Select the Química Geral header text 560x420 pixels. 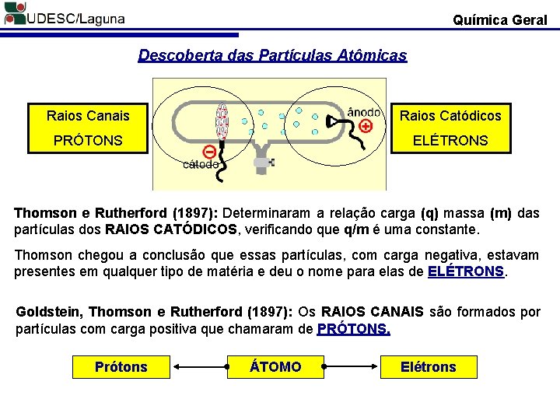[499, 20]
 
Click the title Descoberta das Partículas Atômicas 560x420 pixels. [272, 56]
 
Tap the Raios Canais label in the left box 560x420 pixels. [88, 116]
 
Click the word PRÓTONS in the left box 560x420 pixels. [88, 141]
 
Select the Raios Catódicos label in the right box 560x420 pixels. [450, 116]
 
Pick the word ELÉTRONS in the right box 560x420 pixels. [450, 141]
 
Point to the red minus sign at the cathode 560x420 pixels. [209, 151]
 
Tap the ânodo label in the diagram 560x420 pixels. [364, 111]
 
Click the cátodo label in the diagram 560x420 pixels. [200, 165]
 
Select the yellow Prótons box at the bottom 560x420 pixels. [121, 366]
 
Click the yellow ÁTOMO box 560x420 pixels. [275, 366]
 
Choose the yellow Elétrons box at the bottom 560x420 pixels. [429, 366]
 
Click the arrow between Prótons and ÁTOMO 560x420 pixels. [198, 366]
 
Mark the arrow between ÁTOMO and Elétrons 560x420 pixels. [352, 366]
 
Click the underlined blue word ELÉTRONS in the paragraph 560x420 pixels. [466, 271]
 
